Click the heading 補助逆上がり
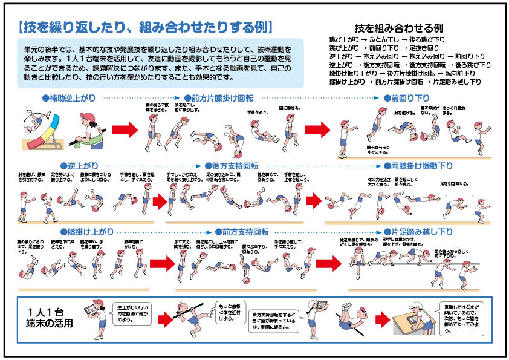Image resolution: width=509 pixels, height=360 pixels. coord(70,97)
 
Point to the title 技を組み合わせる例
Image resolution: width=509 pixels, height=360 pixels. coord(399,28)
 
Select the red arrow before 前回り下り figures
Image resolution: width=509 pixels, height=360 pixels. coord(316,128)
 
